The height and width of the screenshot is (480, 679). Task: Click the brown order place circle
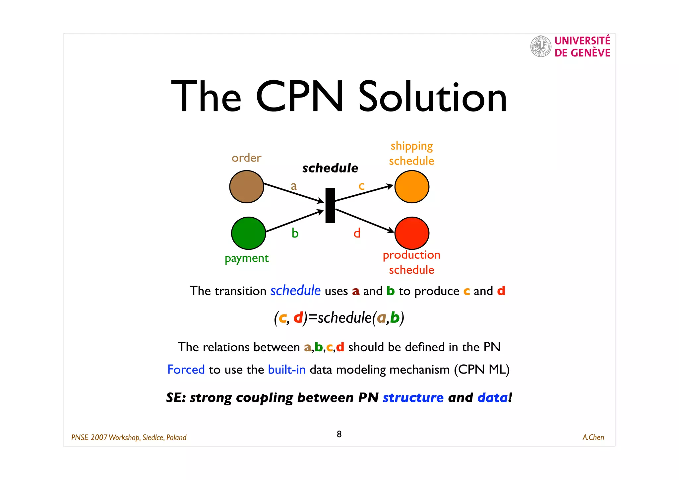[x=246, y=187]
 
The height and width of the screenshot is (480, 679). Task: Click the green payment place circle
[x=248, y=233]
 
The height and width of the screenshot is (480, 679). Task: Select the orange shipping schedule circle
[x=412, y=187]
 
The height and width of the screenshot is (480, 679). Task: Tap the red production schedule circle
[x=412, y=233]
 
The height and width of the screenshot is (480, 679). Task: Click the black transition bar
[x=330, y=205]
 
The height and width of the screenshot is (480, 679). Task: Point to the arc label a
[x=294, y=186]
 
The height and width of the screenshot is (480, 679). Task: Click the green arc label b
[x=295, y=233]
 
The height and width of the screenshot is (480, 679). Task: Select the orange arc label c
[x=361, y=186]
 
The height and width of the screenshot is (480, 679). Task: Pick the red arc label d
[x=357, y=233]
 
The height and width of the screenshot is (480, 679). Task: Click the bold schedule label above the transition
[x=330, y=168]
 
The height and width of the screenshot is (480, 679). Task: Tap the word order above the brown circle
[x=246, y=158]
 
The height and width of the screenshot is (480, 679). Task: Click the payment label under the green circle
[x=247, y=258]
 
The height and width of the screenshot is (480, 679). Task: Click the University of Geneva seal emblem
[x=541, y=46]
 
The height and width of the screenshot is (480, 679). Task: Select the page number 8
[x=339, y=434]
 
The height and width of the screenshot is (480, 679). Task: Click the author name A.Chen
[x=593, y=438]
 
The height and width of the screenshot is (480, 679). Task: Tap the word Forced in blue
[x=186, y=370]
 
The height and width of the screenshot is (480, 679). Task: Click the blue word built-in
[x=287, y=370]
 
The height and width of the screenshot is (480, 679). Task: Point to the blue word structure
[x=413, y=397]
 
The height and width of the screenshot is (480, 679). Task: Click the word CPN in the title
[x=300, y=97]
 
